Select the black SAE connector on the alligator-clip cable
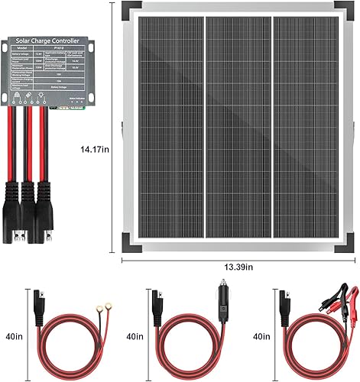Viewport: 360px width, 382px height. [284, 295]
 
